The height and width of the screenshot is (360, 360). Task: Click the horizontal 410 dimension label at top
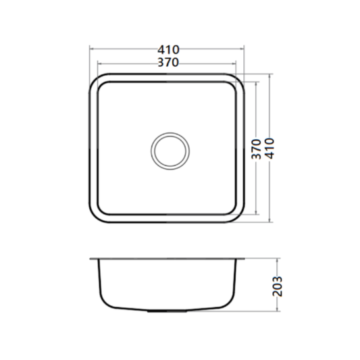[169, 49]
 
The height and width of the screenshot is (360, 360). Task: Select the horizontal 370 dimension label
[168, 62]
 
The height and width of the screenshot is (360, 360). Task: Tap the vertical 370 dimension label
[257, 149]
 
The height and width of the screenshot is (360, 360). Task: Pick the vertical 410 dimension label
[269, 149]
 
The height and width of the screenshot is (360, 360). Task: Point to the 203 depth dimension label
[277, 286]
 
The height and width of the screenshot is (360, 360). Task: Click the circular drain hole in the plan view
[170, 151]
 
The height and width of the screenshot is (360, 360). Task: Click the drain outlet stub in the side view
[167, 311]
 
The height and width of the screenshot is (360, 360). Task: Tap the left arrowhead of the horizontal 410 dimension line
[91, 49]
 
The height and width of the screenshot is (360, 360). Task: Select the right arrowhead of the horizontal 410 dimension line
[242, 49]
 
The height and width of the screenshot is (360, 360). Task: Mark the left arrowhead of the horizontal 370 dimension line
[99, 63]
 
